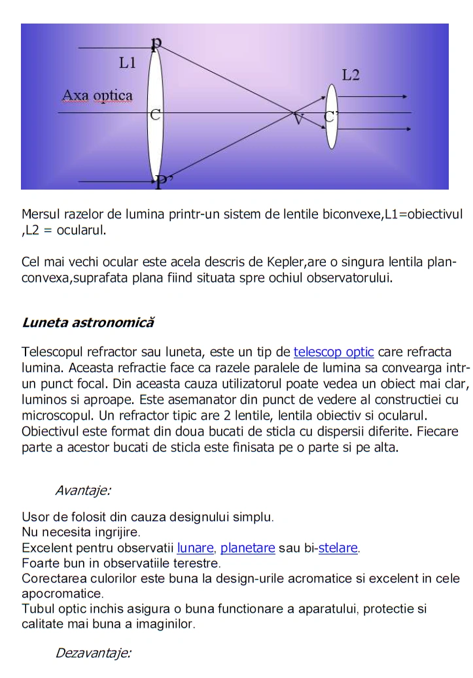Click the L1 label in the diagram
pyautogui.click(x=128, y=63)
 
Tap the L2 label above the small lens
pyautogui.click(x=351, y=75)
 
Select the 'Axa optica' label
pyautogui.click(x=97, y=95)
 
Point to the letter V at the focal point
pyautogui.click(x=298, y=119)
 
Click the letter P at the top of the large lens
pyautogui.click(x=156, y=43)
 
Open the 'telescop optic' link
pyautogui.click(x=334, y=352)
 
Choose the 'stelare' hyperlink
pyautogui.click(x=338, y=548)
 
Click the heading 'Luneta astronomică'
pyautogui.click(x=88, y=322)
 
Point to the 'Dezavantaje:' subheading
pyautogui.click(x=94, y=653)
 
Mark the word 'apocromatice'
pyautogui.click(x=61, y=594)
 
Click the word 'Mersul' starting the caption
pyautogui.click(x=41, y=214)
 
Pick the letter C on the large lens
pyautogui.click(x=155, y=116)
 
